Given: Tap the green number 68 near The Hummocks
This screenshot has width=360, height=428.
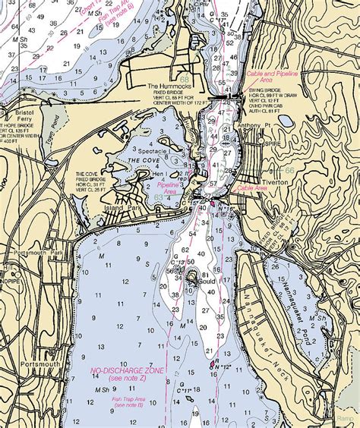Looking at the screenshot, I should (185, 78).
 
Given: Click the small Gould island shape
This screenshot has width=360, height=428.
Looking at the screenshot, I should (191, 276).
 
